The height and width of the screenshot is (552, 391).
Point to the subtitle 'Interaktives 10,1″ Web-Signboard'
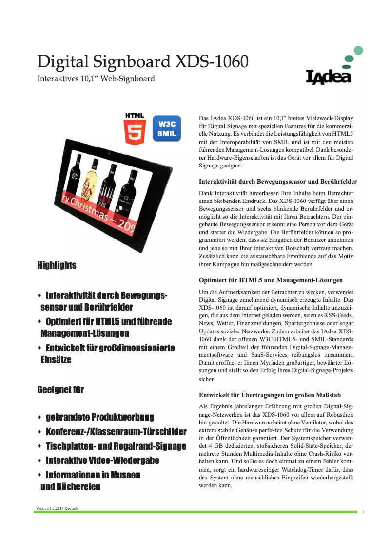[x=96, y=79]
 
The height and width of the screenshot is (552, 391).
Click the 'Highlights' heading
[x=57, y=265]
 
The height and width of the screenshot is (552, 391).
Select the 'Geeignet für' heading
[x=60, y=390]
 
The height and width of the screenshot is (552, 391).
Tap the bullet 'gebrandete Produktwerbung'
[x=99, y=417]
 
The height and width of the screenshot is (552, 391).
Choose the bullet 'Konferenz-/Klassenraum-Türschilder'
[x=116, y=432]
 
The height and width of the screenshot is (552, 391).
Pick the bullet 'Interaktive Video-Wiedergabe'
[x=102, y=460]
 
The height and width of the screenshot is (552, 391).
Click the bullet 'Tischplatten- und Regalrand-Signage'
[x=116, y=446]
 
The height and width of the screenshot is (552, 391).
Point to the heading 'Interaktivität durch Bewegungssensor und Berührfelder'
[x=278, y=182]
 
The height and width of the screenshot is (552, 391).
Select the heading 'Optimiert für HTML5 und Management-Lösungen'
[x=271, y=280]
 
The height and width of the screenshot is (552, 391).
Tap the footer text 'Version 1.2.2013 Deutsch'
[x=57, y=508]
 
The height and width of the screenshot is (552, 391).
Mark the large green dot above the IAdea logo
[x=358, y=50]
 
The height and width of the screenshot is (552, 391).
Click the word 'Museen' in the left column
[x=124, y=475]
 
